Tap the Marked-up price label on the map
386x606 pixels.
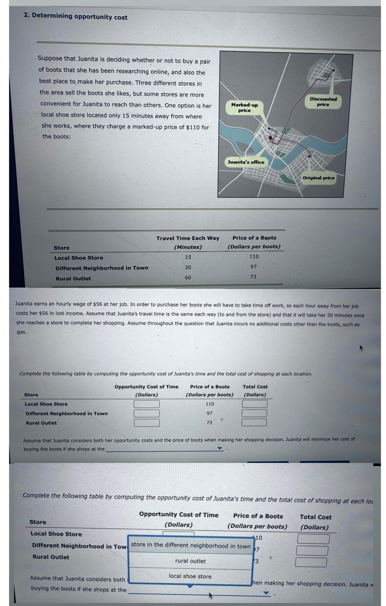click(x=244, y=108)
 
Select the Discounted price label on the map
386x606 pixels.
click(x=323, y=102)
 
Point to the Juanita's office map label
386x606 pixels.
click(x=246, y=162)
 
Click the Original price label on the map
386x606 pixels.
click(x=319, y=178)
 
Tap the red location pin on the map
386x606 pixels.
click(x=270, y=138)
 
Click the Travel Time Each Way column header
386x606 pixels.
click(x=188, y=238)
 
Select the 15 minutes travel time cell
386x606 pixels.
click(x=188, y=257)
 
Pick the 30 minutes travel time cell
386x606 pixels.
click(x=188, y=267)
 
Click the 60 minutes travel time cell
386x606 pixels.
click(x=188, y=277)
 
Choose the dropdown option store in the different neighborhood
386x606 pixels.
click(x=191, y=545)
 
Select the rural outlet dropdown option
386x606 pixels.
click(x=191, y=561)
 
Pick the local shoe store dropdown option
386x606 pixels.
click(x=190, y=576)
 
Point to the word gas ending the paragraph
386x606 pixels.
click(x=21, y=332)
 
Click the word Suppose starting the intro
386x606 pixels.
click(x=50, y=58)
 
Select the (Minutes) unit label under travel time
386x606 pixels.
click(x=188, y=247)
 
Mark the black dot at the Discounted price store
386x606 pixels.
click(x=334, y=70)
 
